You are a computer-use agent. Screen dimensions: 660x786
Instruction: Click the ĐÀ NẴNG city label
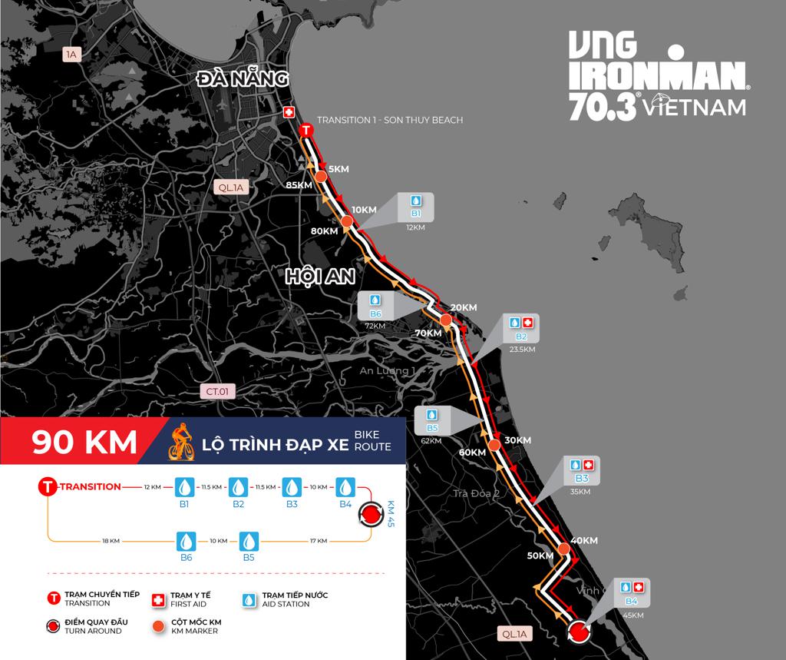[x=242, y=78]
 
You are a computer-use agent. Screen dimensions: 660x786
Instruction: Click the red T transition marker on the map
[x=306, y=131]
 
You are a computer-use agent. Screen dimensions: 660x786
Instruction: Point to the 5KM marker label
[x=338, y=168]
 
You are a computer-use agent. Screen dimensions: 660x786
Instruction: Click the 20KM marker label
[x=464, y=307]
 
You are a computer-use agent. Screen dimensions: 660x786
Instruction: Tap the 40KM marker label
[x=585, y=540]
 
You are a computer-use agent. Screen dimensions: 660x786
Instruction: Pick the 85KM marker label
[x=298, y=185]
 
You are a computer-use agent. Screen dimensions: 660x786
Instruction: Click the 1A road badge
[x=72, y=54]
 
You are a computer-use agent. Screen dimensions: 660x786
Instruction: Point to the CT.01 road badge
[x=218, y=391]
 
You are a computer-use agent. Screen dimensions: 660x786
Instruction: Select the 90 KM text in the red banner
[x=84, y=442]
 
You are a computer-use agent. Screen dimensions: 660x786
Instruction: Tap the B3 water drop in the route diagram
[x=292, y=487]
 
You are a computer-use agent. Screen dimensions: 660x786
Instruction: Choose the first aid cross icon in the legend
[x=160, y=599]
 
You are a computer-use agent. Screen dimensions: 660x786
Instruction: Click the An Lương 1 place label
[x=388, y=371]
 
